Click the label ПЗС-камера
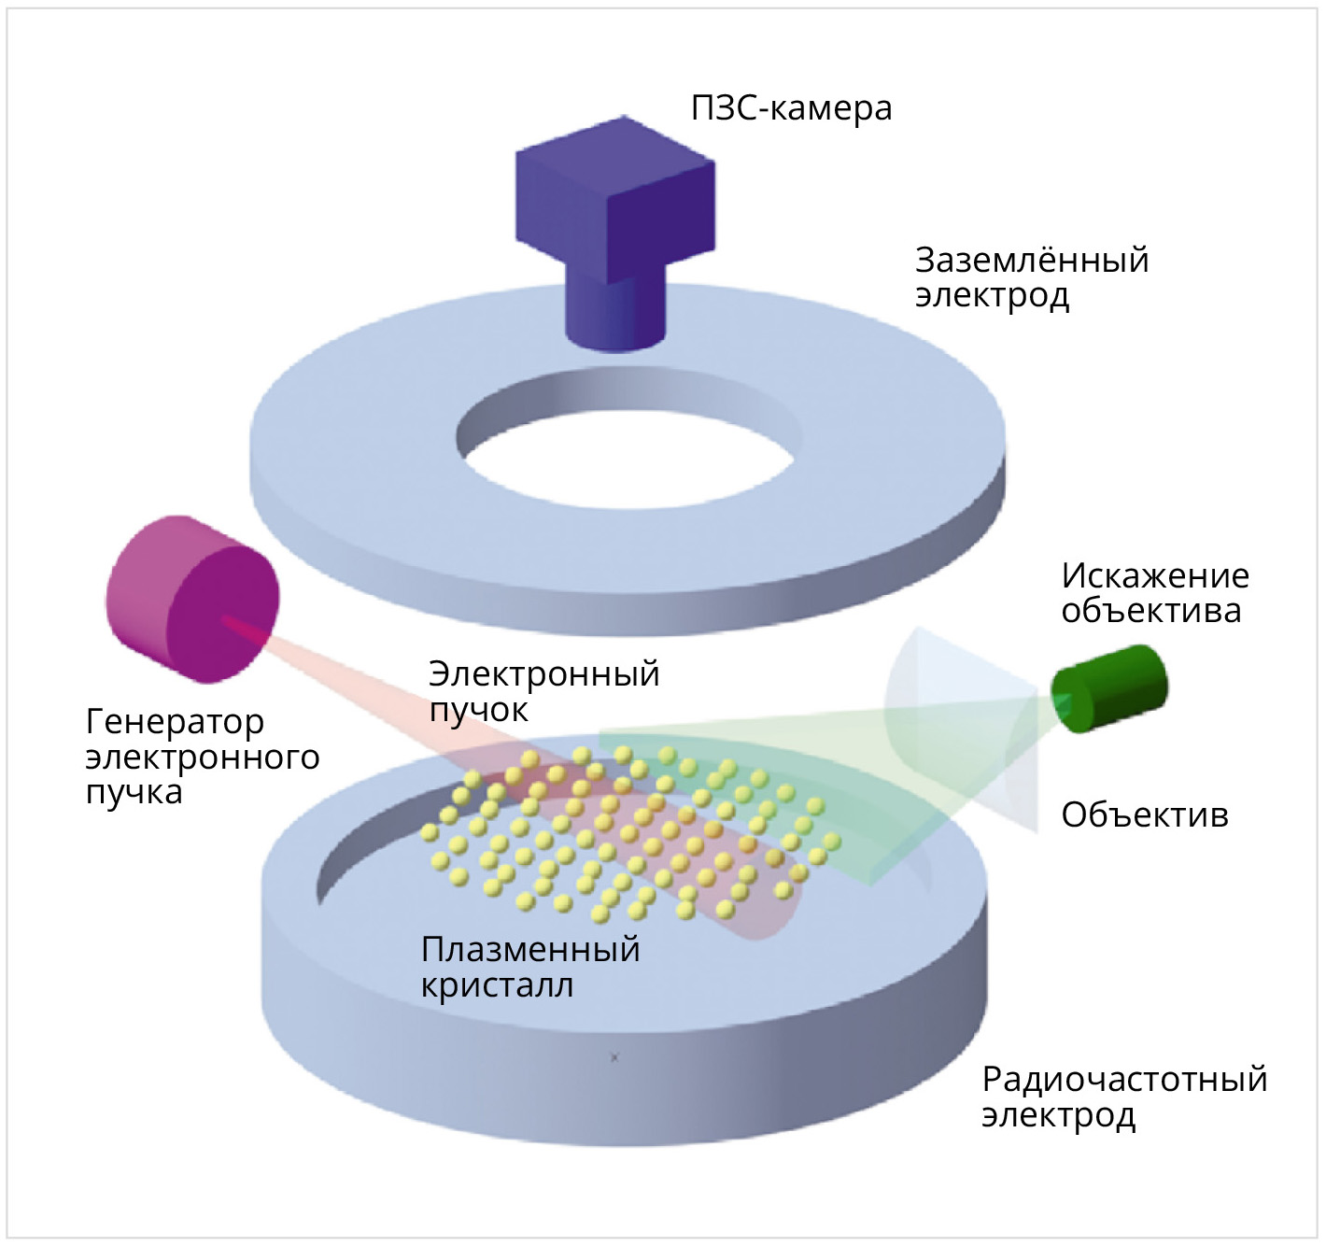(791, 108)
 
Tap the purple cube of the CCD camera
(614, 196)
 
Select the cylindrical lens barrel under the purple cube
(615, 313)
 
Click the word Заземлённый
(1031, 260)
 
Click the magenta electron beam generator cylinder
(191, 598)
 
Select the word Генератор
(175, 721)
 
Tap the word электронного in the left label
(202, 757)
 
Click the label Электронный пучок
(543, 690)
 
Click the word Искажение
(1154, 575)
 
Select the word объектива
(1150, 611)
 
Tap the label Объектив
(1144, 815)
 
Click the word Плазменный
(529, 949)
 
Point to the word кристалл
(497, 985)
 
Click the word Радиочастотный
(1123, 1079)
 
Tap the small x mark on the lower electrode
(614, 1057)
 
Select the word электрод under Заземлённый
(992, 295)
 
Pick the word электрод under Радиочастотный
(1058, 1115)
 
